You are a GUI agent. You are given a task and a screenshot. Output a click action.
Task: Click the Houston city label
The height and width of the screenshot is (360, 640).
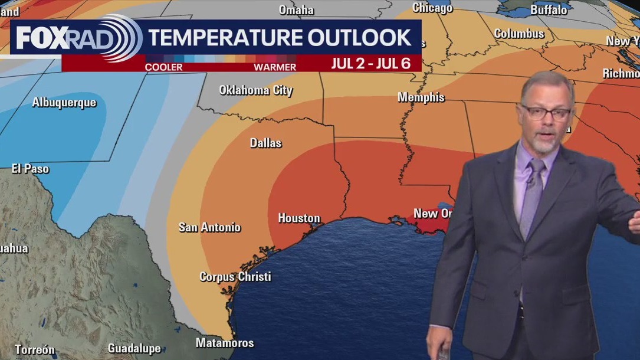pos(299,218)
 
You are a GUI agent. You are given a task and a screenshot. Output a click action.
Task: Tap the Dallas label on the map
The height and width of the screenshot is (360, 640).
pos(265,143)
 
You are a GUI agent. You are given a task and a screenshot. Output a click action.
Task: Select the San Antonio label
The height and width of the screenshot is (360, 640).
pos(209,227)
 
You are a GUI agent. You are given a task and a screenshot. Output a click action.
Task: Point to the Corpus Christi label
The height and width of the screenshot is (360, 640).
pos(235,276)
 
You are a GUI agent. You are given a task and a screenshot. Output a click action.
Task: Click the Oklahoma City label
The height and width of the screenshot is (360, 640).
pos(255,90)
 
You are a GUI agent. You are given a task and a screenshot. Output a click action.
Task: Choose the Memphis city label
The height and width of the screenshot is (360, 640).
pos(421,97)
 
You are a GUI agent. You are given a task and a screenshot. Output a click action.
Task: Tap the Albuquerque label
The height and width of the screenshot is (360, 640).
pos(64,103)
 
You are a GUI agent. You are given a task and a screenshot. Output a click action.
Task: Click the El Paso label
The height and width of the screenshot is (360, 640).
pos(30,169)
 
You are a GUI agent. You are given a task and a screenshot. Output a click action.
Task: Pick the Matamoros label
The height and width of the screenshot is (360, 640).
pos(225,343)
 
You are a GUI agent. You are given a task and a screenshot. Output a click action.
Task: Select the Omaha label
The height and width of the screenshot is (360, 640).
pos(296,10)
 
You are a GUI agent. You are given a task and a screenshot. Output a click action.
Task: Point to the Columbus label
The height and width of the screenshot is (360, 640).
pos(519,34)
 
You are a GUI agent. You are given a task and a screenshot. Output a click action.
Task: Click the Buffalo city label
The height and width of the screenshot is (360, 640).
pos(549,10)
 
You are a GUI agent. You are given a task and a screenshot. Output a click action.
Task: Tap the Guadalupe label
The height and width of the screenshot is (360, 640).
pos(134,349)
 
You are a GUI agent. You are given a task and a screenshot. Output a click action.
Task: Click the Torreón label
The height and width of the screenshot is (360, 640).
pos(35,349)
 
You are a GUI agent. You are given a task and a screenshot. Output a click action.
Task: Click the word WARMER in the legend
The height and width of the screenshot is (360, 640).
pos(275,67)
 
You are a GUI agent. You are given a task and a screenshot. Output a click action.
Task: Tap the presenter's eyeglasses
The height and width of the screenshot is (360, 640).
pos(546,112)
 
